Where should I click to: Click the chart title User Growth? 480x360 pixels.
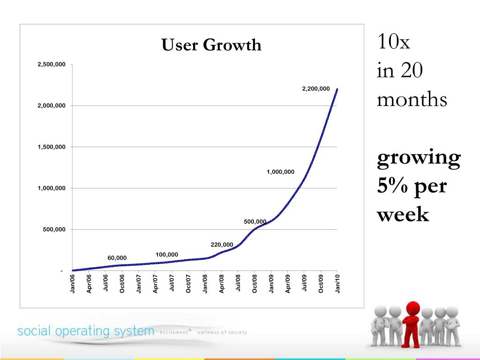click(211, 45)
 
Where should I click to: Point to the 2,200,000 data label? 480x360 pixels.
click(316, 88)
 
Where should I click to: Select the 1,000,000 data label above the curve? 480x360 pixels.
click(280, 172)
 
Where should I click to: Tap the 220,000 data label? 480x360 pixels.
click(222, 245)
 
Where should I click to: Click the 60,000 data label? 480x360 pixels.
click(117, 258)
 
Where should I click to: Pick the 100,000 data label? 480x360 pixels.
click(167, 255)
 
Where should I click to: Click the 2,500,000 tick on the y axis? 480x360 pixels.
click(52, 64)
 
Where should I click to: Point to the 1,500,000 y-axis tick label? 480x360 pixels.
click(52, 147)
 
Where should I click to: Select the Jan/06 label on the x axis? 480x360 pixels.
click(73, 284)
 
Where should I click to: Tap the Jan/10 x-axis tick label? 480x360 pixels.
click(337, 284)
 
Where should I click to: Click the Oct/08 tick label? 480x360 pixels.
click(255, 284)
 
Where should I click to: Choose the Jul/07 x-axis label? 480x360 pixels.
click(172, 284)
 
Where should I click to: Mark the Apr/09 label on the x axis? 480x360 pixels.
click(288, 284)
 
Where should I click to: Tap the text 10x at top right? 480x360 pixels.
click(393, 43)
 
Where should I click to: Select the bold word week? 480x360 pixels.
click(403, 215)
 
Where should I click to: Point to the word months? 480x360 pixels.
click(412, 100)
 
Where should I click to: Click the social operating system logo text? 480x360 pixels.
click(86, 331)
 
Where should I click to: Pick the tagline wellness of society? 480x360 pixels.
click(222, 332)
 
